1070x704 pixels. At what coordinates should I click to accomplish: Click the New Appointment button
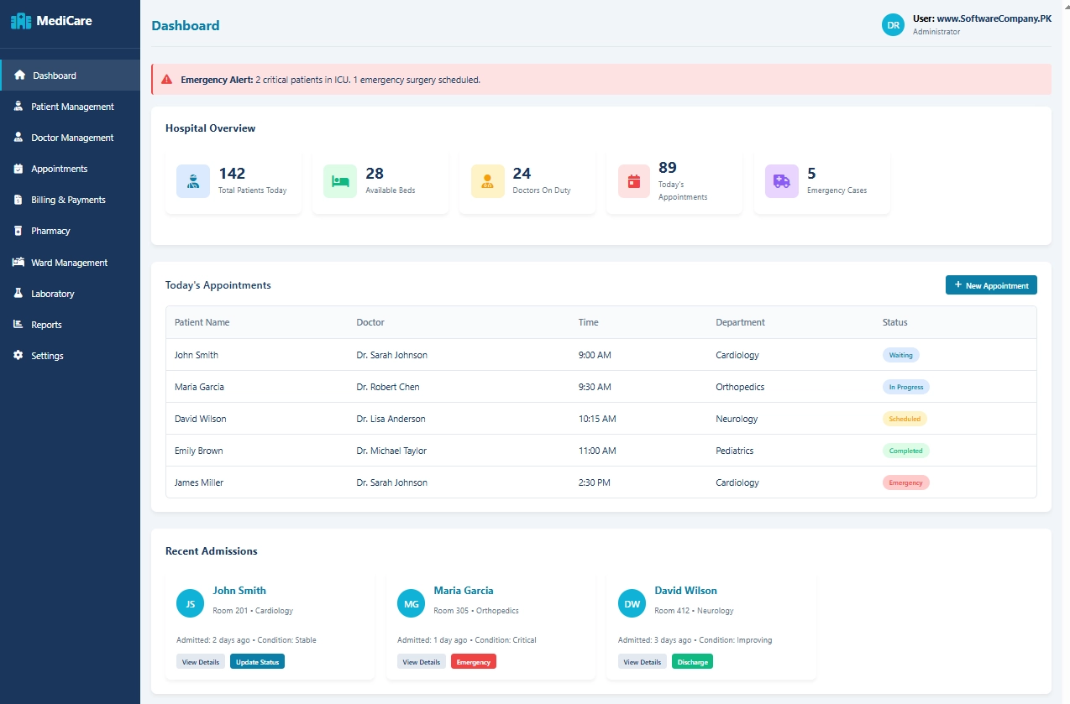[991, 285]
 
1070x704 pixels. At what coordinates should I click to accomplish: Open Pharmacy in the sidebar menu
[50, 231]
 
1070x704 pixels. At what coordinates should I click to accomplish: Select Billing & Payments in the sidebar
[68, 200]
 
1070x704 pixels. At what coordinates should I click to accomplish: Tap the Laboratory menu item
[53, 294]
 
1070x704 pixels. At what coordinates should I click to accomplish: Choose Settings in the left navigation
[47, 356]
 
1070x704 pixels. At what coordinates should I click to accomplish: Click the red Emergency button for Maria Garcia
[474, 662]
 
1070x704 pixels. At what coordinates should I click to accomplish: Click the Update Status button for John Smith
[257, 662]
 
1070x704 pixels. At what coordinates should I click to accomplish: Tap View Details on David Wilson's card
[643, 662]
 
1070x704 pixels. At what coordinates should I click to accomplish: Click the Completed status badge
[905, 451]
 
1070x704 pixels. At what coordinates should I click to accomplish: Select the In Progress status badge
[905, 387]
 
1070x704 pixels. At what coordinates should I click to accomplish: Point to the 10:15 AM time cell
[597, 419]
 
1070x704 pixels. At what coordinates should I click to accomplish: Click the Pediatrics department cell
[734, 451]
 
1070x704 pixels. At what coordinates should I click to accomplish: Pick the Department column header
[740, 322]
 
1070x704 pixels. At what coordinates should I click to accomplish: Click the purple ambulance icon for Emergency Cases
[782, 181]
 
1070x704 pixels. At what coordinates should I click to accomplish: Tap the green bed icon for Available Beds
[340, 181]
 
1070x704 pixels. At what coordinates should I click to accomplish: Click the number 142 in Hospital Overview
[232, 174]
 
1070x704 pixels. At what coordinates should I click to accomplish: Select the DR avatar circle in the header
[893, 25]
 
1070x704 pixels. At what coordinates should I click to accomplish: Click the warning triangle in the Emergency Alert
[167, 80]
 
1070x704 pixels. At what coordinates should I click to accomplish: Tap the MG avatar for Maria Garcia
[412, 603]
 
